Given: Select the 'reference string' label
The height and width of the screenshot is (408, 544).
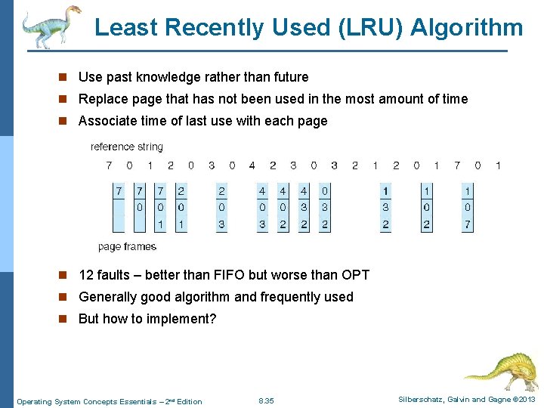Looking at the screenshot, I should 126,147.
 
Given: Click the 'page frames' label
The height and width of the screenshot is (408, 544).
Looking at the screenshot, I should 127,246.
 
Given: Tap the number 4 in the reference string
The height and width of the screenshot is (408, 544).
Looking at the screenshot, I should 252,165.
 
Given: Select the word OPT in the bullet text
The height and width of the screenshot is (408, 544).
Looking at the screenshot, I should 354,275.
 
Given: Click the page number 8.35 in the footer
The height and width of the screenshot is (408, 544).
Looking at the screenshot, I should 266,400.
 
